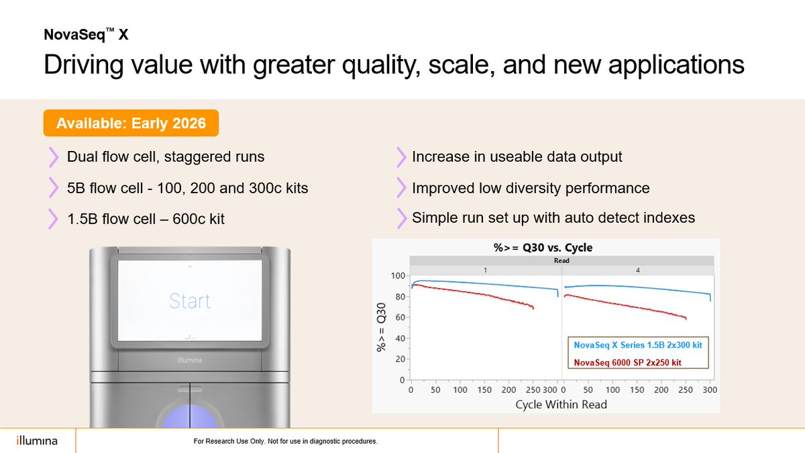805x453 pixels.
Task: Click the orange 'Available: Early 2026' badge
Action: pos(131,123)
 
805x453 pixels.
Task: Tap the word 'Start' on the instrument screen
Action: pos(190,301)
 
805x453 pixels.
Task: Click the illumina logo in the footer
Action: pos(37,441)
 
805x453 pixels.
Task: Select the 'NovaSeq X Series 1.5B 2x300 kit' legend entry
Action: pos(638,344)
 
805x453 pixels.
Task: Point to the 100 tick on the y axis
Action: pos(398,276)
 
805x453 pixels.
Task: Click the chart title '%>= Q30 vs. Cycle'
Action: pos(538,248)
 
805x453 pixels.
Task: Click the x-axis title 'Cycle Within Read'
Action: pos(561,404)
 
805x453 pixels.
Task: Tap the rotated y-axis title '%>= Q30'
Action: pos(381,327)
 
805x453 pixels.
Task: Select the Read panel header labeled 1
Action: pos(485,269)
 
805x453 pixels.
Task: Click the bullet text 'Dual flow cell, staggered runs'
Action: pos(166,157)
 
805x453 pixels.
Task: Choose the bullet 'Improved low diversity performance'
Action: pos(531,188)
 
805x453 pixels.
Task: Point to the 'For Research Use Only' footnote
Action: pos(285,442)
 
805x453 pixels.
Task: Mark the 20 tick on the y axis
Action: pos(400,359)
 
